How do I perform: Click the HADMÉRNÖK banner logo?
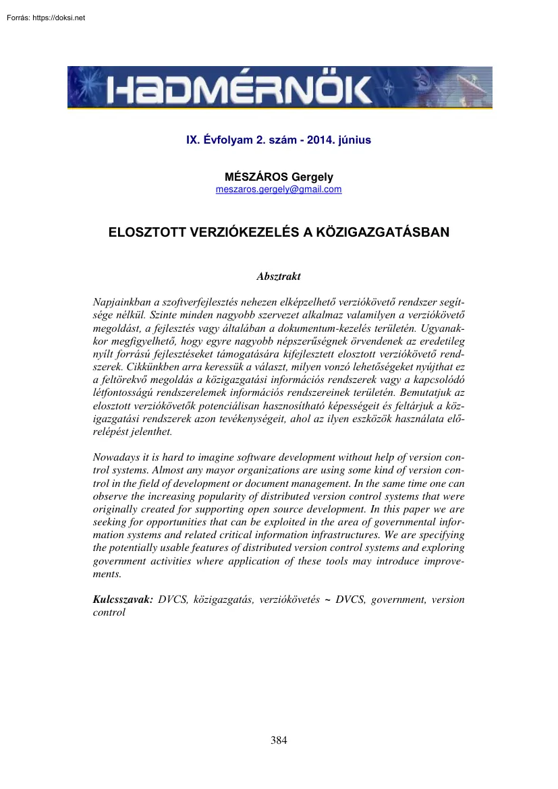pos(279,88)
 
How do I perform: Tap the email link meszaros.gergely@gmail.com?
pos(279,189)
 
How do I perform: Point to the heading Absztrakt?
pos(279,276)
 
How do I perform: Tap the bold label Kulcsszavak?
pos(122,600)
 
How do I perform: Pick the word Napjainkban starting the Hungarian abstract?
pos(122,302)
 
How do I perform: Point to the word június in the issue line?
pos(353,141)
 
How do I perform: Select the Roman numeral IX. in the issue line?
pos(194,141)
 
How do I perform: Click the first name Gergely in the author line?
pos(314,177)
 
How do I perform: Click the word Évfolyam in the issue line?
pos(228,141)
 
